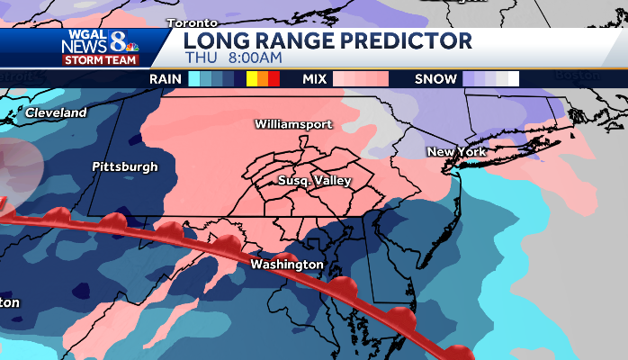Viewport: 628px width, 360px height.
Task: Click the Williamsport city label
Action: pyautogui.click(x=293, y=123)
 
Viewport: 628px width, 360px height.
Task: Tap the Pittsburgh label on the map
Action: pyautogui.click(x=124, y=166)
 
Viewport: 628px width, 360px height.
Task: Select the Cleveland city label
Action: pyautogui.click(x=56, y=112)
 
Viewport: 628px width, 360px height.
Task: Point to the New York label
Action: pyautogui.click(x=456, y=151)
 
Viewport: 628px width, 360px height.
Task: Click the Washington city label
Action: pyautogui.click(x=286, y=265)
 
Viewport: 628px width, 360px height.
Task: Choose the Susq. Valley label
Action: pyautogui.click(x=314, y=181)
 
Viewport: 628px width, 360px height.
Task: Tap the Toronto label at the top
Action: pyautogui.click(x=192, y=22)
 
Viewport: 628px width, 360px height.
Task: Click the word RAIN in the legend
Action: pyautogui.click(x=166, y=79)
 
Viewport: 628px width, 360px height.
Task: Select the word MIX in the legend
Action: pyautogui.click(x=314, y=79)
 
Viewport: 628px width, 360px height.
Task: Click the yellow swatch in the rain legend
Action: pyautogui.click(x=251, y=79)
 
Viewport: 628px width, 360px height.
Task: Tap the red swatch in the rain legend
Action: pyautogui.click(x=274, y=79)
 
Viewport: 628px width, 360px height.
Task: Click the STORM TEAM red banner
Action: pyautogui.click(x=101, y=60)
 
